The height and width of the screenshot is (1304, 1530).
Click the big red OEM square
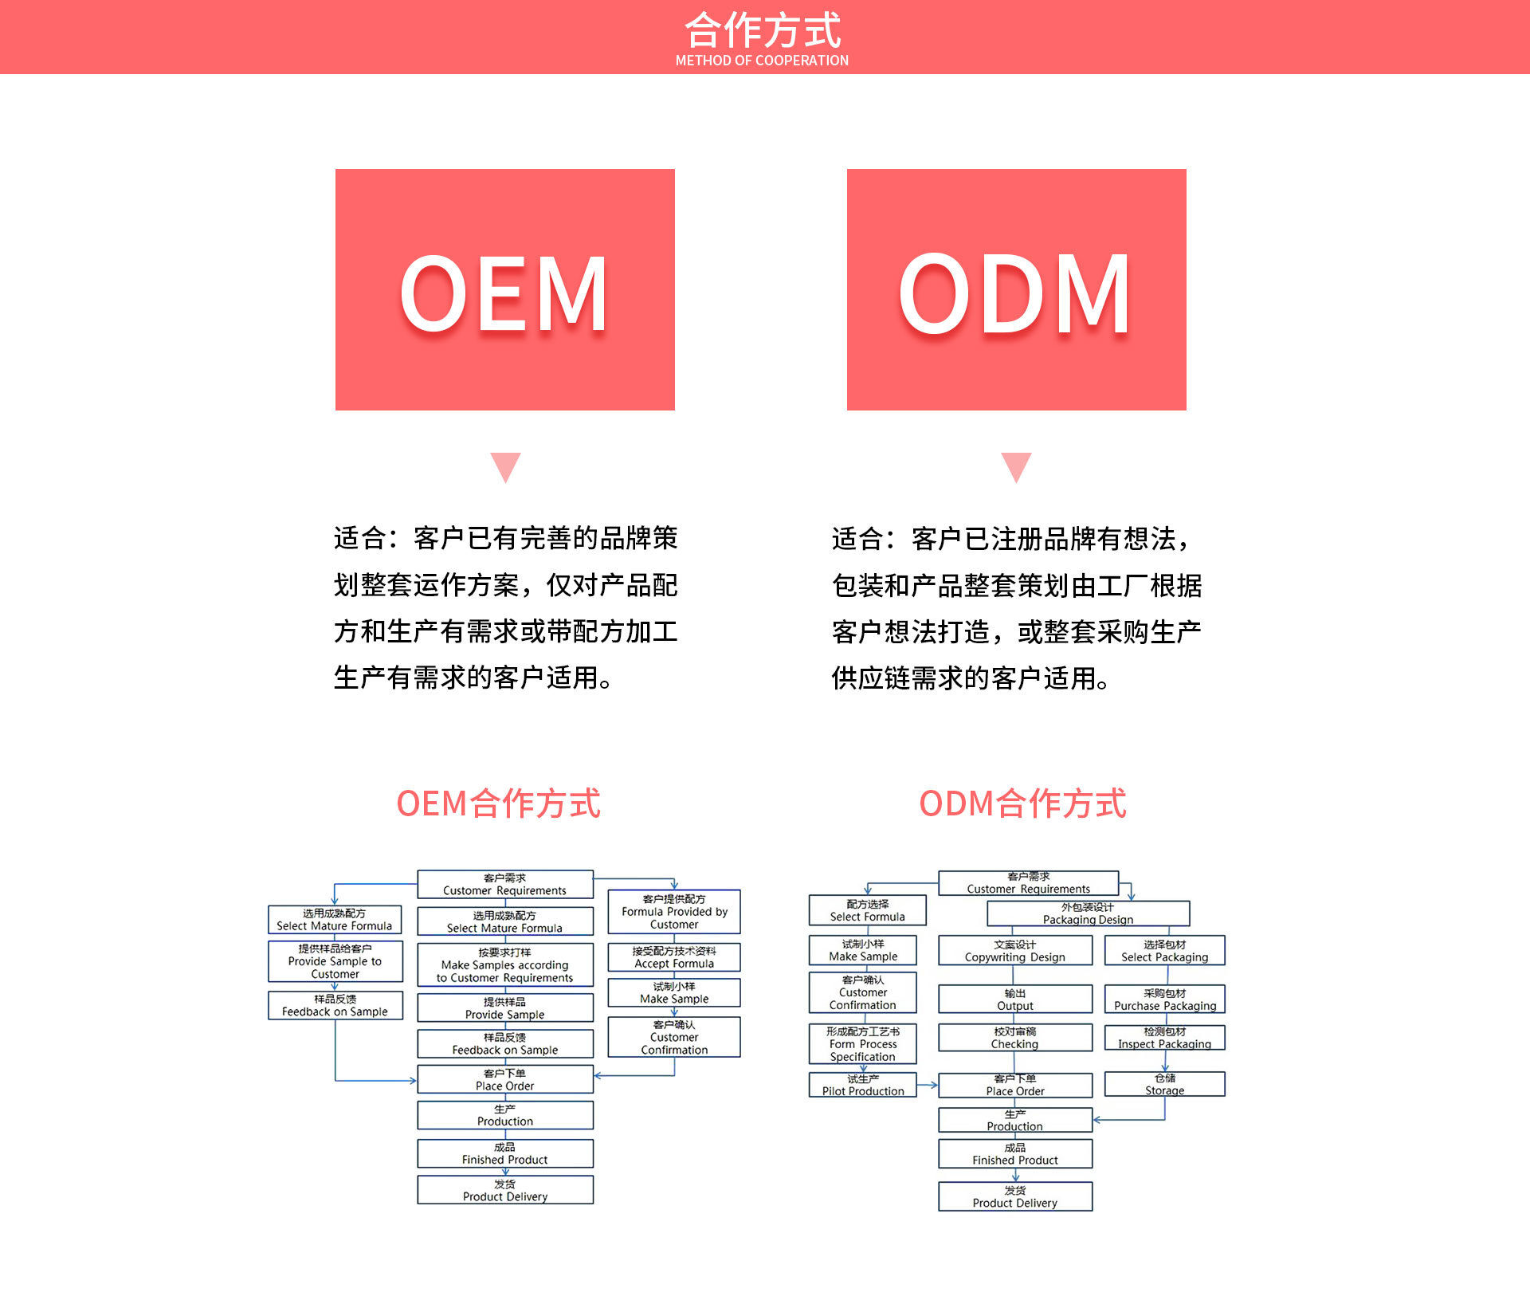point(504,289)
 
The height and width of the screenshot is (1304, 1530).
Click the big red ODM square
point(1016,289)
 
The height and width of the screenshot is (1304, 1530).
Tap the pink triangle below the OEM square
point(505,466)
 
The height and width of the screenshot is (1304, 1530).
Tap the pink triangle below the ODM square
point(1016,466)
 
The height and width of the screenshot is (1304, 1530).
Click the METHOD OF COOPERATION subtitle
point(762,61)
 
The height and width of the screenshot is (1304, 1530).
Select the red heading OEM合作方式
point(499,803)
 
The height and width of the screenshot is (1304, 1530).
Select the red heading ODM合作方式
point(1022,803)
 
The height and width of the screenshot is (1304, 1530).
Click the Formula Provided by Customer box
point(674,912)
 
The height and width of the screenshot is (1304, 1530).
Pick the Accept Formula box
point(674,957)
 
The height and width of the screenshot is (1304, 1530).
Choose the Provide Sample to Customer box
point(335,961)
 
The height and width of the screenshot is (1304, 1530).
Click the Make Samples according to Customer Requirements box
point(505,965)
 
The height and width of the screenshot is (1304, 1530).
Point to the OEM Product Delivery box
point(505,1190)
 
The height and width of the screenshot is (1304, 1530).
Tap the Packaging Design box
point(1088,913)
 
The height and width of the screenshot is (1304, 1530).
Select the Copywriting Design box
point(1014,951)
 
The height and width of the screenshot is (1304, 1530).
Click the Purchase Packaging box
point(1164,1000)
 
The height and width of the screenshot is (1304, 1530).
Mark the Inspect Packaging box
point(1164,1038)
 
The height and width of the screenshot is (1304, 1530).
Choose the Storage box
point(1164,1084)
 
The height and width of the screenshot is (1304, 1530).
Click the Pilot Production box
point(863,1085)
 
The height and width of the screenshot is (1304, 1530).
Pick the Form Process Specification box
point(863,1044)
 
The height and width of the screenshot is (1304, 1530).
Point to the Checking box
point(1014,1038)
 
